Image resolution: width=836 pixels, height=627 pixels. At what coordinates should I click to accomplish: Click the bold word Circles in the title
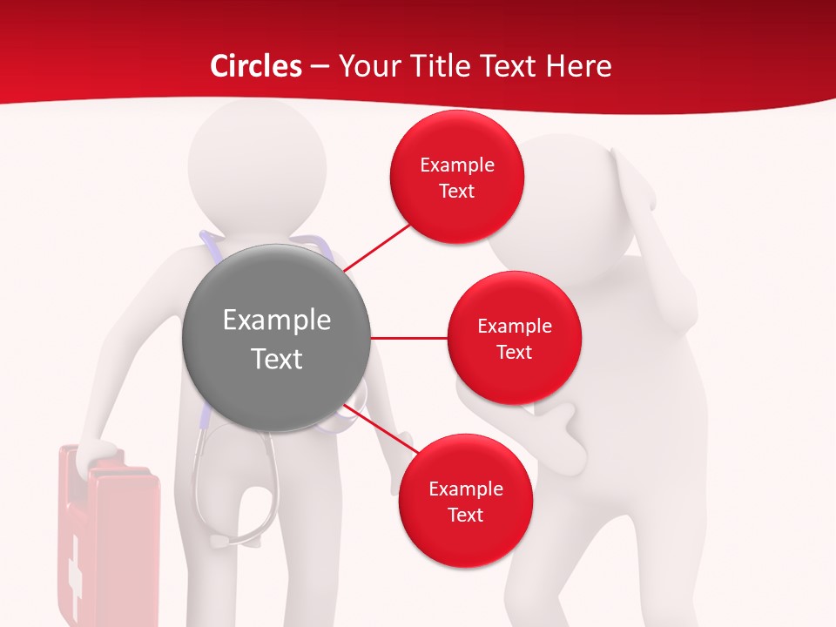point(255,65)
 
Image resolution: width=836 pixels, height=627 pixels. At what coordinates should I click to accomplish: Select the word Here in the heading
point(579,65)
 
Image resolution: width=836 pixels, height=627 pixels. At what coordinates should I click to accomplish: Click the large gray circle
point(277,338)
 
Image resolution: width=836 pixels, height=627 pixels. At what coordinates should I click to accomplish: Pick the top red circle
point(456,177)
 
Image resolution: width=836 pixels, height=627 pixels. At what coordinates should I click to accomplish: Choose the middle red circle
point(514,338)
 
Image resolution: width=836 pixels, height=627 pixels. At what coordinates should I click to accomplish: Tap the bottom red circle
point(465,501)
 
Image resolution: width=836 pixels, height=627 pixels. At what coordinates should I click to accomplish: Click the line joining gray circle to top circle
point(378,247)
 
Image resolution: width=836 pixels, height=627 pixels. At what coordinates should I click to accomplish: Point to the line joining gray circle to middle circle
point(409,338)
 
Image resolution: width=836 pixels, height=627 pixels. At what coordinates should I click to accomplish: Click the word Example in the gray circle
point(277,320)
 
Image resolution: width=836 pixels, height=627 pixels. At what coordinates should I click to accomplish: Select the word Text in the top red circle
point(456,191)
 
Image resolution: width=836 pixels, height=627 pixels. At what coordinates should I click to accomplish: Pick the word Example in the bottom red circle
point(465,489)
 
